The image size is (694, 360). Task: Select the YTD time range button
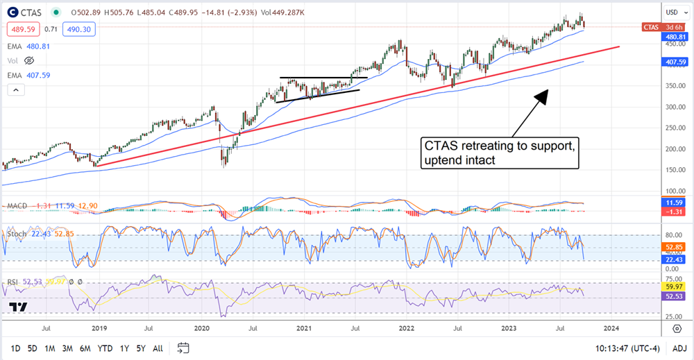coord(105,348)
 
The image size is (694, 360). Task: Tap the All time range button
coord(158,348)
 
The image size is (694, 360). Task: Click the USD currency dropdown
coord(672,12)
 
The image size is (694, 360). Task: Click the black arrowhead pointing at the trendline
coord(543,96)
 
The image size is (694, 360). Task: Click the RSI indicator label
coord(12,281)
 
